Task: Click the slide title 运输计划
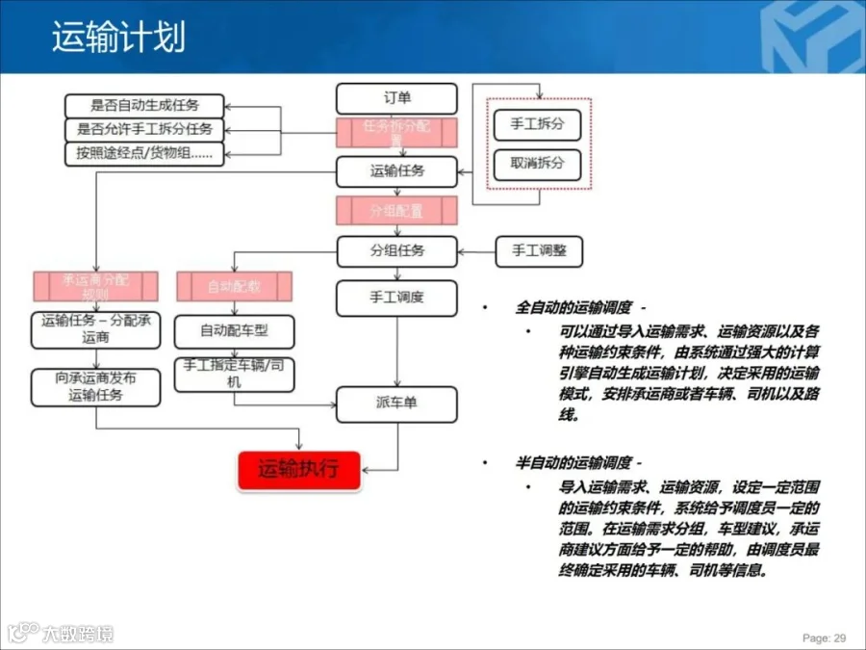click(118, 38)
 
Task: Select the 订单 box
click(396, 98)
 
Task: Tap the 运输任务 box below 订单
click(396, 171)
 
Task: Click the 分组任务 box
click(396, 251)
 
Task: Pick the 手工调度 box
click(396, 298)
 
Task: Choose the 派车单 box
click(396, 403)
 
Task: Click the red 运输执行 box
click(298, 471)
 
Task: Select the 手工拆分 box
click(537, 125)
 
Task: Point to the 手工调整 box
click(539, 251)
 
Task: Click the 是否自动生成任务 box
click(144, 106)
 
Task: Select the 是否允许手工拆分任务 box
click(144, 129)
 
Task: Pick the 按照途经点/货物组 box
click(144, 153)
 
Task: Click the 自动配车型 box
click(234, 331)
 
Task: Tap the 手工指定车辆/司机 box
click(234, 374)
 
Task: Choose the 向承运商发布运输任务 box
click(95, 386)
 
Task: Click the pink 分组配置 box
click(396, 210)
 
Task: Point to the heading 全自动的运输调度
click(574, 308)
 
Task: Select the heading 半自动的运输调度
click(574, 463)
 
